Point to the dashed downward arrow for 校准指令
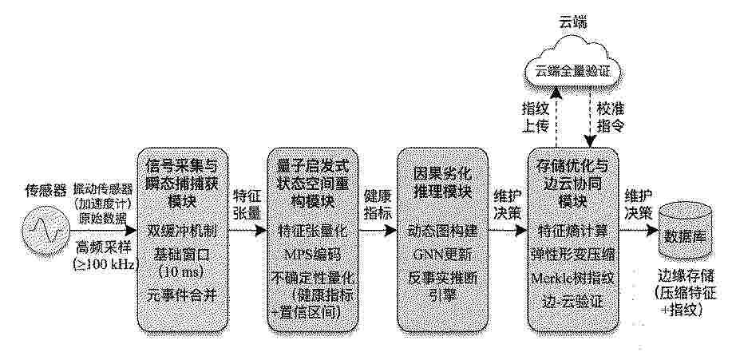point(591,120)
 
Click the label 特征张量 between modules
point(246,203)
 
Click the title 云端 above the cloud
point(572,22)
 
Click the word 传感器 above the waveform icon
point(46,191)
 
